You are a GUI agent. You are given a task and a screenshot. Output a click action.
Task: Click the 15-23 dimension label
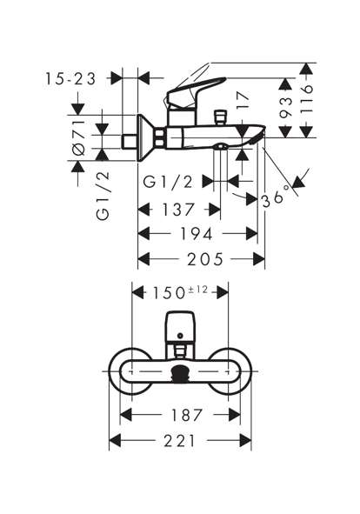(x=70, y=79)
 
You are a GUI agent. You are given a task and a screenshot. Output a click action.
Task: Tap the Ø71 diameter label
(x=78, y=137)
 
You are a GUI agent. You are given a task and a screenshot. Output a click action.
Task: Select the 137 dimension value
(x=178, y=209)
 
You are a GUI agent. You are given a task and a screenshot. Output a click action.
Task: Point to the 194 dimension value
(x=197, y=234)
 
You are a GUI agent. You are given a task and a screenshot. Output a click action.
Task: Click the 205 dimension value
(x=205, y=259)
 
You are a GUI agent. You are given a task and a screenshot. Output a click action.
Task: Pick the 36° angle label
(x=277, y=196)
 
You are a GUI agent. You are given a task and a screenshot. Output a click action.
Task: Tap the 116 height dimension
(x=307, y=99)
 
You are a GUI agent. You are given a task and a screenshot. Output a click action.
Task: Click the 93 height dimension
(x=285, y=106)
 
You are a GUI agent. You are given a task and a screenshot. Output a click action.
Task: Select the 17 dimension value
(x=243, y=100)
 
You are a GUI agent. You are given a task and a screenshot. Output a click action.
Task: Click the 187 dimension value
(x=188, y=416)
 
